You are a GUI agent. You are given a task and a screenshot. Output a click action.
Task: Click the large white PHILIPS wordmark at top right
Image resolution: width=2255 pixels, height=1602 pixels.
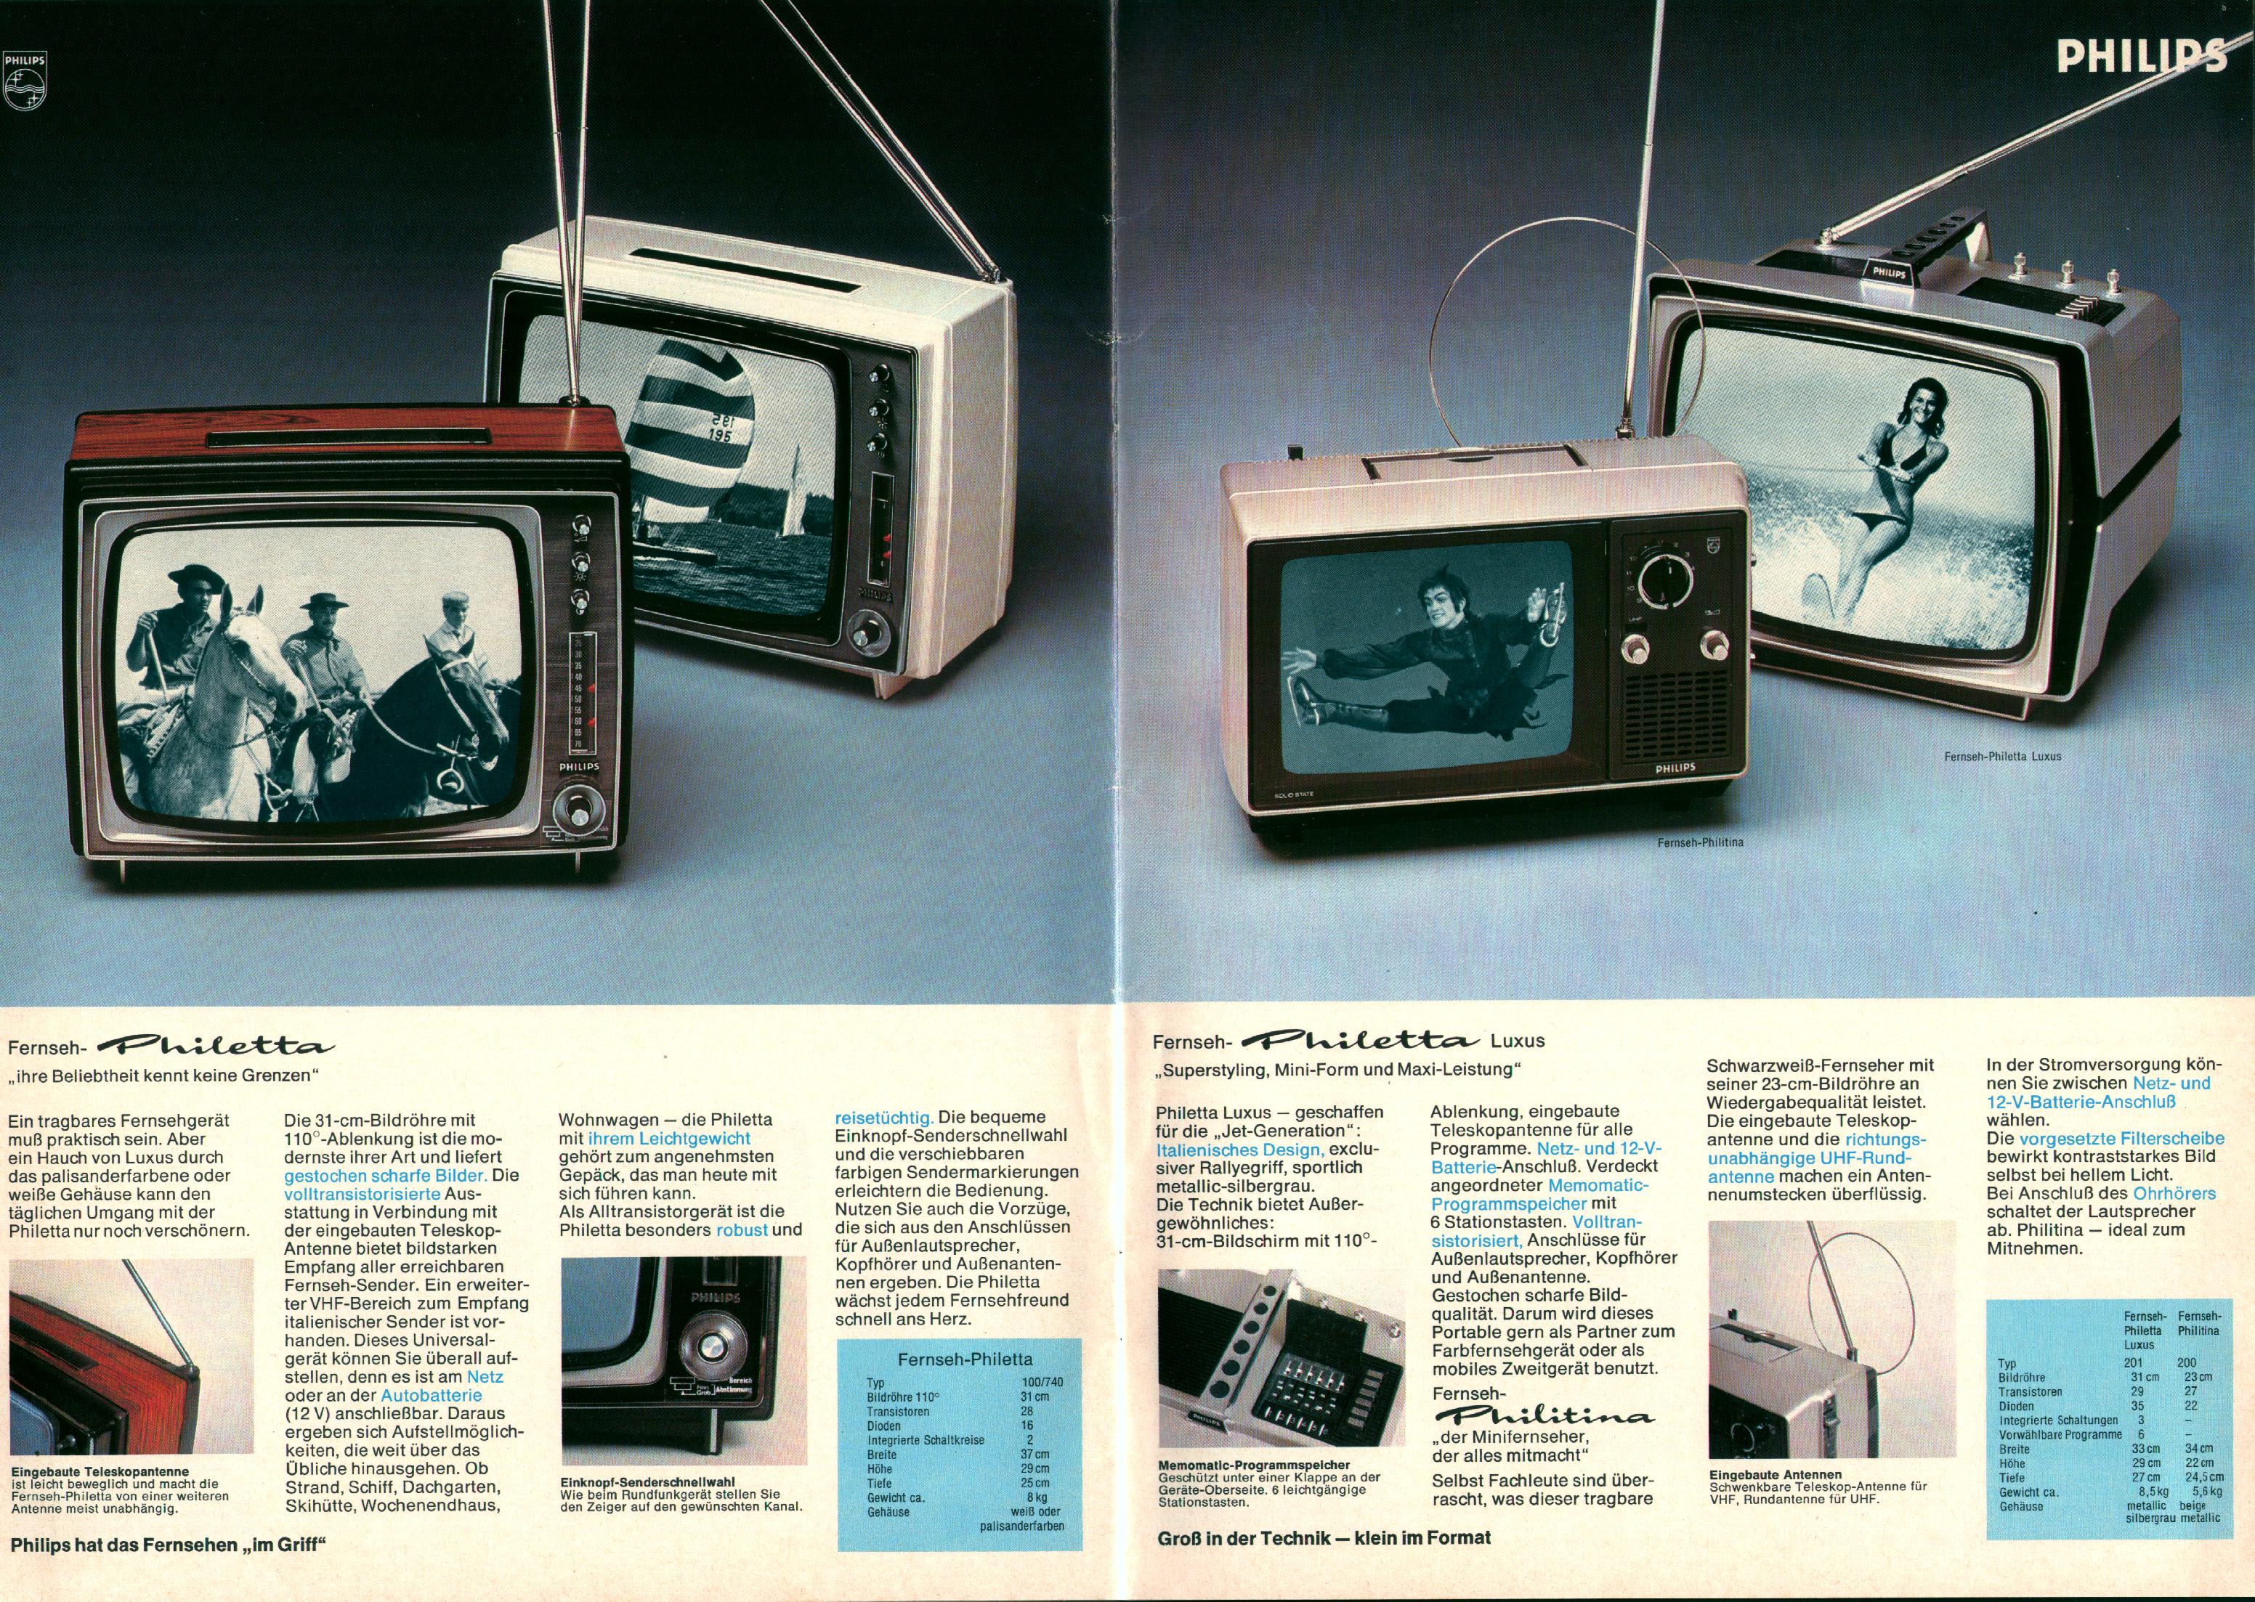(x=2142, y=56)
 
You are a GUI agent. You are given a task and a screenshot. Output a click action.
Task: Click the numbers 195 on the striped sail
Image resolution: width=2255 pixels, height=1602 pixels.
(x=718, y=434)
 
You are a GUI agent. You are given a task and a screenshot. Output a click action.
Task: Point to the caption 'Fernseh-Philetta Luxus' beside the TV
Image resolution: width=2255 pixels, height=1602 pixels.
(x=2002, y=757)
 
